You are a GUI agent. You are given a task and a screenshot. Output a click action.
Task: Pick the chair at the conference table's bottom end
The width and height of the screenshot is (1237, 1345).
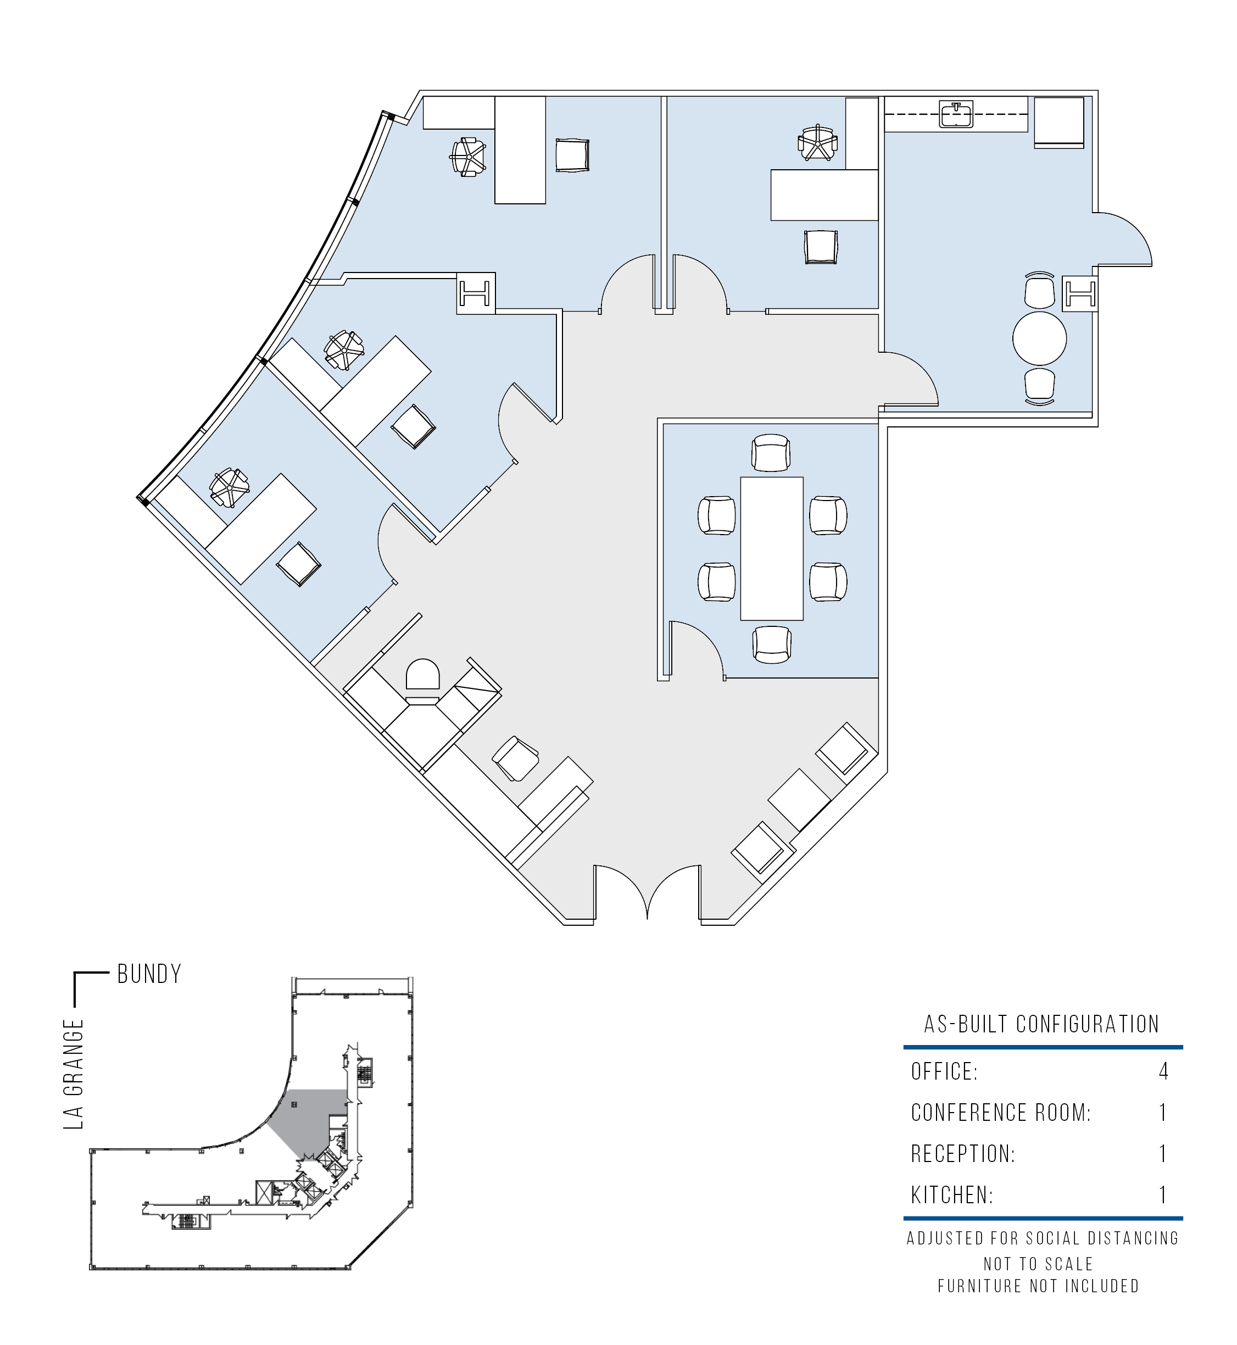pyautogui.click(x=772, y=644)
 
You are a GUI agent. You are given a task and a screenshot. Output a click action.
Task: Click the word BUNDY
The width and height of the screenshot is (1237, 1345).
pyautogui.click(x=149, y=974)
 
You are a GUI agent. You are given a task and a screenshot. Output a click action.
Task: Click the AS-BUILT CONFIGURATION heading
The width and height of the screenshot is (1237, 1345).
pyautogui.click(x=1041, y=1024)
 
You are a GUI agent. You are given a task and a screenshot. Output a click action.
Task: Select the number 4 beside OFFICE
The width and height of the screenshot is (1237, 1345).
pyautogui.click(x=1163, y=1071)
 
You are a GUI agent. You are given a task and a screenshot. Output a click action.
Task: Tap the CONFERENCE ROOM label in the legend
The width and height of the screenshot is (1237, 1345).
pyautogui.click(x=1001, y=1113)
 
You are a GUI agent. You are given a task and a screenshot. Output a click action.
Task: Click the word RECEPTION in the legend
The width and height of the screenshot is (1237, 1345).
pyautogui.click(x=962, y=1154)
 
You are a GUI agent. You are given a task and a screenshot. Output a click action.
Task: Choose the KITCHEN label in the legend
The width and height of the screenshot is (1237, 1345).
pyautogui.click(x=952, y=1194)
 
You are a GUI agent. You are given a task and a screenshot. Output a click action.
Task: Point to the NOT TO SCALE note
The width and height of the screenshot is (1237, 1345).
pyautogui.click(x=1038, y=1263)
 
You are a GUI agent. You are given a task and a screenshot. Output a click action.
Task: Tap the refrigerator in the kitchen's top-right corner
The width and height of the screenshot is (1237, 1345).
pyautogui.click(x=1059, y=122)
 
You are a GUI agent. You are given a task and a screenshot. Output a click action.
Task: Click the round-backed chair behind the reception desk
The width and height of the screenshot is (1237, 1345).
pyautogui.click(x=423, y=674)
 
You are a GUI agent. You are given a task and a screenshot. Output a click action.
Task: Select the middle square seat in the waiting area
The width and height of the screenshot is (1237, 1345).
pyautogui.click(x=799, y=799)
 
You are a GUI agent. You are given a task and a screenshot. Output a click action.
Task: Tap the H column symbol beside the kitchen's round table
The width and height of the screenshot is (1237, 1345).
pyautogui.click(x=1079, y=292)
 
